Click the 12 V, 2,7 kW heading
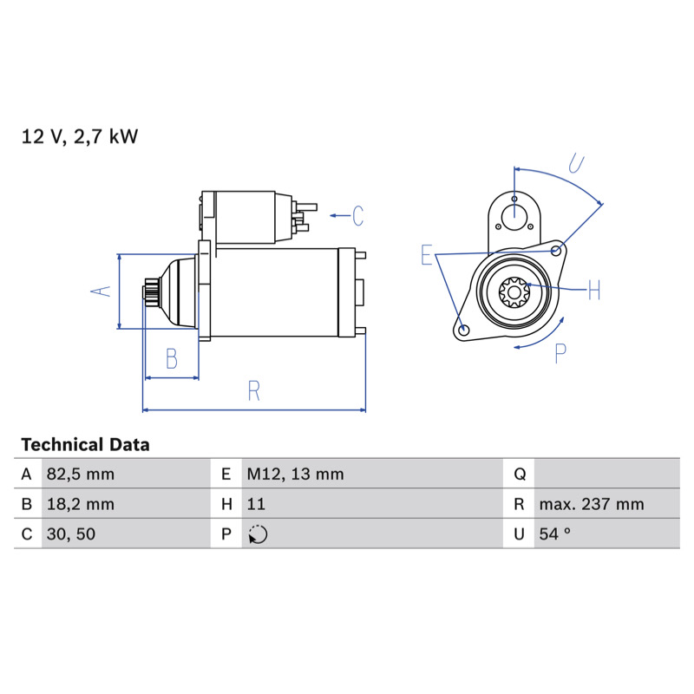coord(80,136)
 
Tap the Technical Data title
coord(85,445)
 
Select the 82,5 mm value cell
coord(81,475)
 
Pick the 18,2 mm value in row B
coord(81,504)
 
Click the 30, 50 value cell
coord(71,534)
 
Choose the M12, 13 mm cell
coord(295,475)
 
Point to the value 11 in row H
coord(256,504)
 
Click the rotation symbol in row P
coord(258,534)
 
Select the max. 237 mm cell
coord(592,504)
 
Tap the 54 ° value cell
coord(554,534)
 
